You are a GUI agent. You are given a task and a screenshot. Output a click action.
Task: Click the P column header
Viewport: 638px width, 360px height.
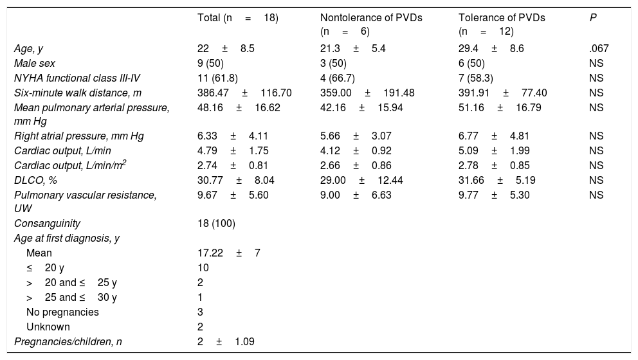pos(592,18)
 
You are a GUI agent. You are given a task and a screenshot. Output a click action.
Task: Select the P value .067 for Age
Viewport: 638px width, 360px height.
pos(599,49)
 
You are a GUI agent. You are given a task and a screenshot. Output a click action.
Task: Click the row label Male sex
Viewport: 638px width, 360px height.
pos(35,64)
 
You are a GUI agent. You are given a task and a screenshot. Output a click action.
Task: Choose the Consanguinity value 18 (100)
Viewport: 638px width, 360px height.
pos(216,224)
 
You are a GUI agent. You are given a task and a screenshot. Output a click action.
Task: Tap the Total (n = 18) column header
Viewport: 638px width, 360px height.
pos(237,18)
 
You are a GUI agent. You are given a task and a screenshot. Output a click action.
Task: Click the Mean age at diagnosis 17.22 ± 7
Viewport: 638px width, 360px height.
pos(228,253)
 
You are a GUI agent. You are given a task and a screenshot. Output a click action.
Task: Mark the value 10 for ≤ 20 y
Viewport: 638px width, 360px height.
pos(203,268)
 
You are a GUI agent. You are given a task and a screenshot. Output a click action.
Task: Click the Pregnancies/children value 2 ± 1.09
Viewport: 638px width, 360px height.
pos(226,342)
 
